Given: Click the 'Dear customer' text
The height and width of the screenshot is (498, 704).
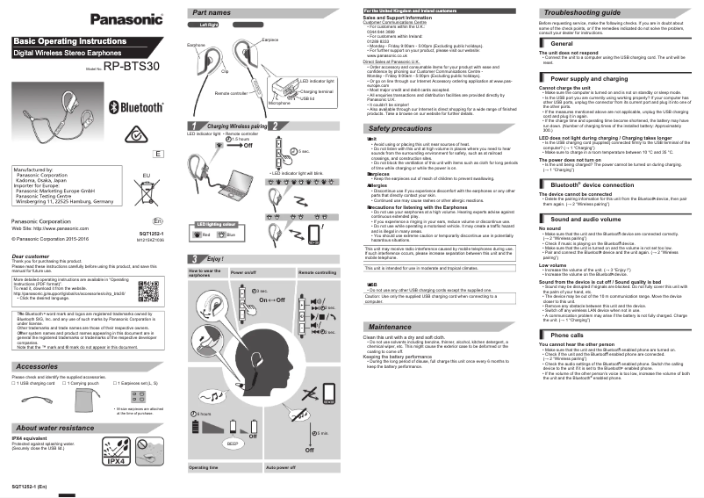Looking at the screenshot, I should coord(30,256).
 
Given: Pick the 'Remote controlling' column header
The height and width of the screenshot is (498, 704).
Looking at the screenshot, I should coord(317,272).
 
